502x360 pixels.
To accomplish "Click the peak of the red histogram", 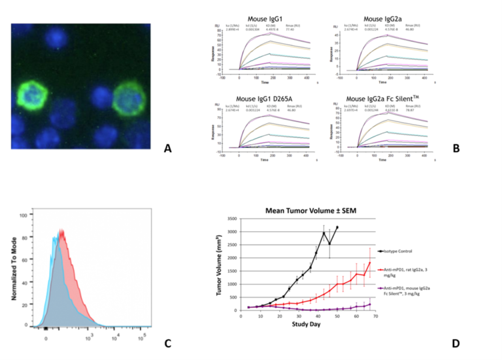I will [61, 229].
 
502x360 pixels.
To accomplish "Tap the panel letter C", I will [168, 344].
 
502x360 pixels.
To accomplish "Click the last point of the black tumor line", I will [338, 227].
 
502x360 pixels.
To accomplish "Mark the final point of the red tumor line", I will [371, 263].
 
